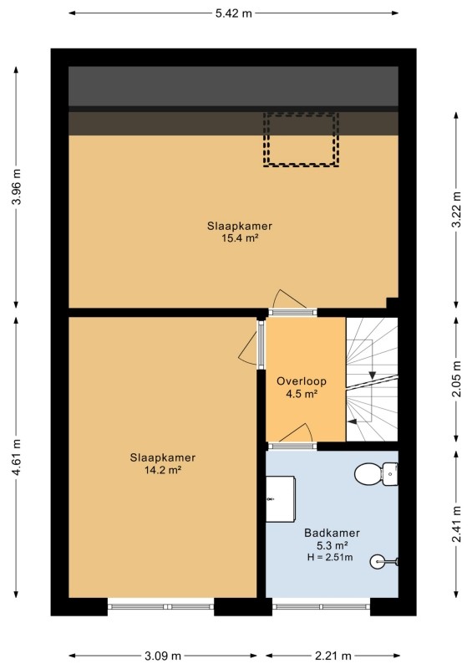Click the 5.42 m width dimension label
(x=233, y=13)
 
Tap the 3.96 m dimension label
(x=17, y=186)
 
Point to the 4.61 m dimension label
(x=17, y=457)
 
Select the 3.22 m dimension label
(x=457, y=210)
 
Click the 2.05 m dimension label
(x=457, y=379)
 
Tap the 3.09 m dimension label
(x=163, y=656)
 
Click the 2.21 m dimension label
(x=333, y=656)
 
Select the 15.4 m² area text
(x=240, y=238)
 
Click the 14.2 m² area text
(x=163, y=470)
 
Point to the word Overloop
(x=302, y=381)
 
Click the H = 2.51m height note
(x=330, y=557)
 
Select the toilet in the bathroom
(x=376, y=473)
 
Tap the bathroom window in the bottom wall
(x=321, y=606)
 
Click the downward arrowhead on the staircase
(x=373, y=375)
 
